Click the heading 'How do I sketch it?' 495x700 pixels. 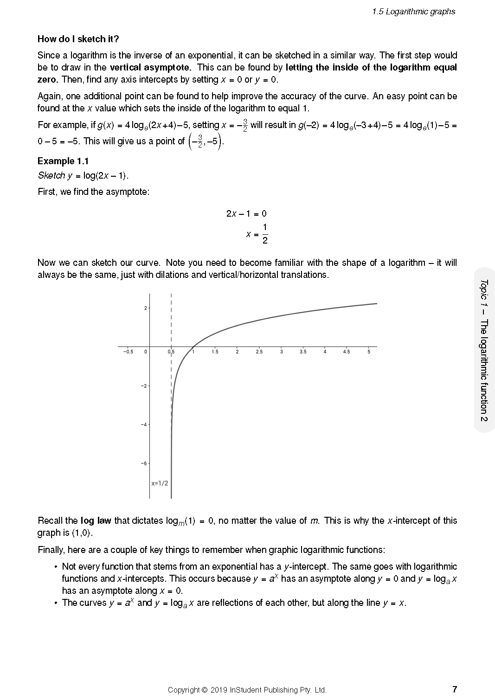click(x=78, y=39)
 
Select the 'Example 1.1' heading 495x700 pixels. click(x=63, y=161)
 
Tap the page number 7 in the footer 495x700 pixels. click(x=455, y=689)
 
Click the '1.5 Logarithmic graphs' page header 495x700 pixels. click(x=413, y=12)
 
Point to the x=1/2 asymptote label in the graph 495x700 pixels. click(x=160, y=483)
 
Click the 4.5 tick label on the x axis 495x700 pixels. click(x=347, y=352)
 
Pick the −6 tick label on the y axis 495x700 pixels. click(x=144, y=463)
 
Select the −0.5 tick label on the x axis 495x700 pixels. click(x=128, y=352)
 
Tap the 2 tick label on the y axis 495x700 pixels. click(x=145, y=308)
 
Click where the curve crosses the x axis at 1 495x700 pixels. click(x=193, y=347)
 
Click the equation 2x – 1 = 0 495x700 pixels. click(x=246, y=214)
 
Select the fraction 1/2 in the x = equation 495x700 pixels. click(x=265, y=234)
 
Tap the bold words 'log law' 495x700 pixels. click(x=96, y=520)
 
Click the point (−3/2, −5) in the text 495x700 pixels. click(x=206, y=141)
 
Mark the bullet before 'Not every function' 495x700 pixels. click(x=56, y=567)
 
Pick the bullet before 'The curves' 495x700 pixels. click(x=56, y=603)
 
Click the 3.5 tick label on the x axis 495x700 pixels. click(x=303, y=352)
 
